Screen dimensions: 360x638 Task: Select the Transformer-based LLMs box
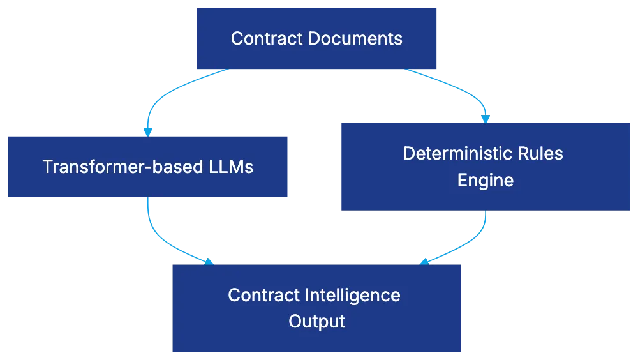(x=148, y=166)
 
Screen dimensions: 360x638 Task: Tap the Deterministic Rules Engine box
(x=485, y=167)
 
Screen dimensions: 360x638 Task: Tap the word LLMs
(x=231, y=167)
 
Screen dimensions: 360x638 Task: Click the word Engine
(x=485, y=181)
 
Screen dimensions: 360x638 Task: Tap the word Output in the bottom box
(x=316, y=321)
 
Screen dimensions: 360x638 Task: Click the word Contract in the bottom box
(x=263, y=296)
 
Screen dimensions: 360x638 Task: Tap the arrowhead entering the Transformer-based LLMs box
(x=148, y=130)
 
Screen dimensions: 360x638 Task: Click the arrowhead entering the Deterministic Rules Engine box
(x=486, y=119)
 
